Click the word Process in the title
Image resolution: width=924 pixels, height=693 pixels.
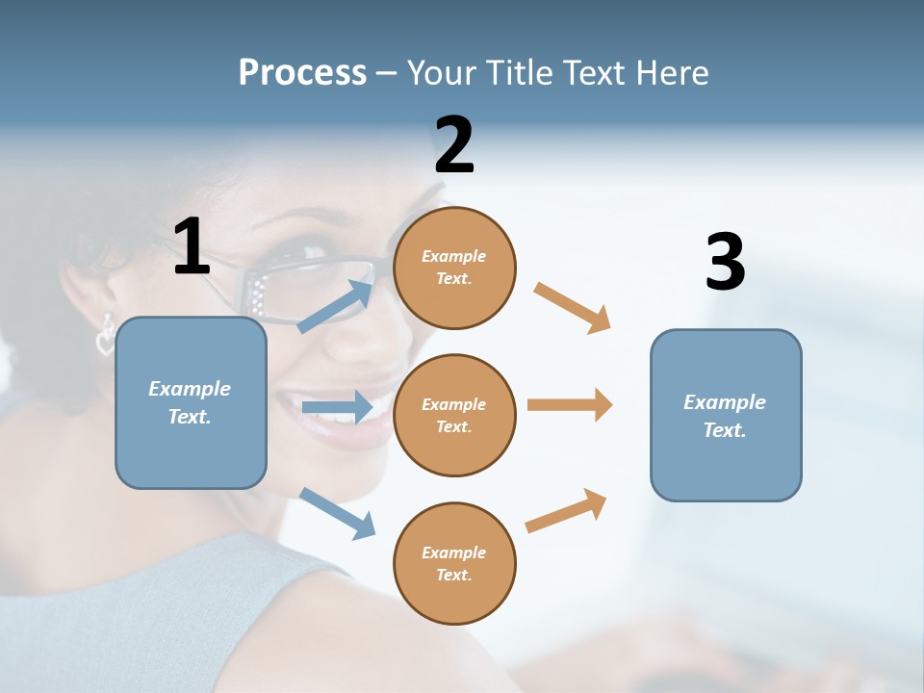[302, 72]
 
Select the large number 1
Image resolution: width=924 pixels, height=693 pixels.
[192, 247]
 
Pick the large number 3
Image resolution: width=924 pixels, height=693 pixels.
[725, 263]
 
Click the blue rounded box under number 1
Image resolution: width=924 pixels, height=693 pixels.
[191, 402]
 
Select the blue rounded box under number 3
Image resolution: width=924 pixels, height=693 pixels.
[726, 415]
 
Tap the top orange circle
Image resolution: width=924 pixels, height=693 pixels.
[454, 268]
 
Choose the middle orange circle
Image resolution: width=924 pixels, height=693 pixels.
[454, 415]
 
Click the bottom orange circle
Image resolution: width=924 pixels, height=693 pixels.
[454, 563]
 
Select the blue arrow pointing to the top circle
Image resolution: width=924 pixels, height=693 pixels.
[336, 306]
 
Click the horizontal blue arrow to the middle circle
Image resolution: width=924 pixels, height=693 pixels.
[337, 407]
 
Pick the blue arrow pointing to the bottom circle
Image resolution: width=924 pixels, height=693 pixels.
[337, 513]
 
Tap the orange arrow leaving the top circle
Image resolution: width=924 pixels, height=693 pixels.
[572, 308]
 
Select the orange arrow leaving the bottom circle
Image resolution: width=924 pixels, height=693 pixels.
[566, 511]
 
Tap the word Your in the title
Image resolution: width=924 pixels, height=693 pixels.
[442, 72]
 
